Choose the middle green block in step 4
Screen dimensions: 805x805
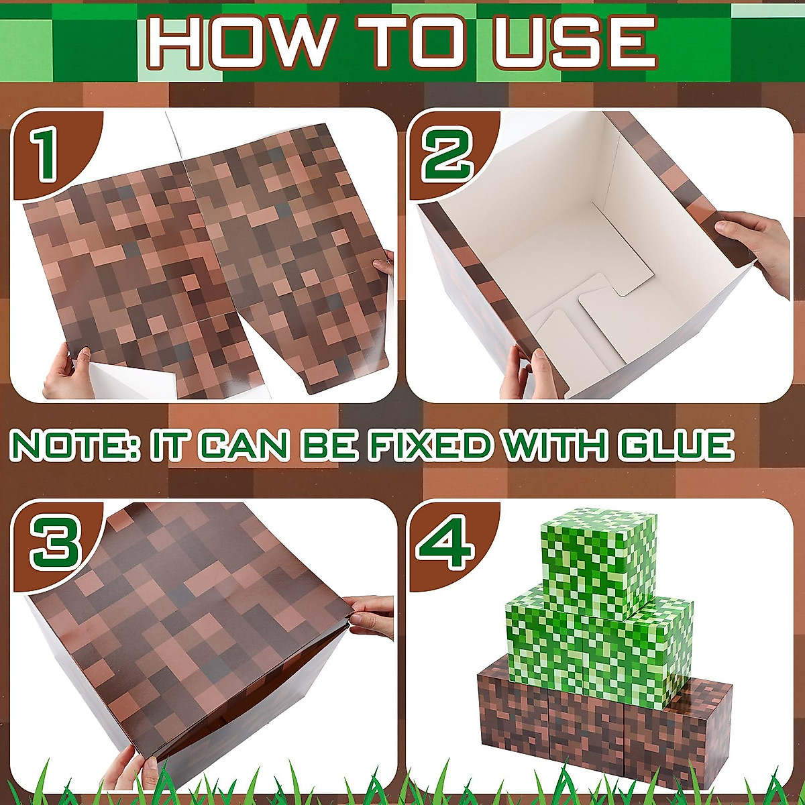tap(597, 637)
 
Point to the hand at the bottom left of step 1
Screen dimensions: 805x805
tap(67, 372)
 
